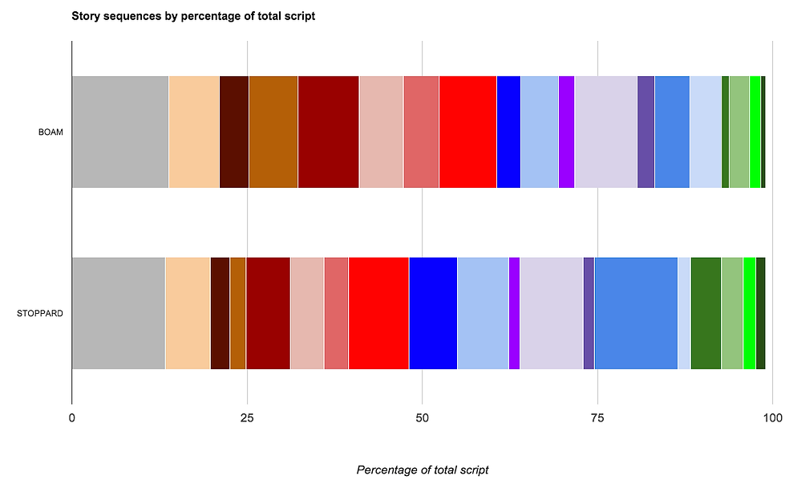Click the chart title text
click(x=193, y=16)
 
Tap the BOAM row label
click(x=50, y=132)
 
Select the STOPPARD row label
click(x=40, y=313)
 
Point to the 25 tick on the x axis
click(x=247, y=417)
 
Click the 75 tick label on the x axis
click(x=597, y=417)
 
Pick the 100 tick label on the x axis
click(x=771, y=417)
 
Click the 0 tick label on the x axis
click(x=72, y=417)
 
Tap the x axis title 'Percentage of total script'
click(x=422, y=470)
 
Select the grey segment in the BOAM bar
click(x=120, y=132)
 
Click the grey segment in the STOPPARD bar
click(x=118, y=313)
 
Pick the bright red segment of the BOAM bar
click(x=467, y=132)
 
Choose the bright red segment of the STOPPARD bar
click(x=378, y=313)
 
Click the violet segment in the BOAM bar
click(x=566, y=132)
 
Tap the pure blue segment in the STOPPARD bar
click(x=433, y=313)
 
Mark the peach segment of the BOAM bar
click(x=194, y=132)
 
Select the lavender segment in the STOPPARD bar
click(x=552, y=313)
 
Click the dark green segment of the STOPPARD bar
click(x=706, y=313)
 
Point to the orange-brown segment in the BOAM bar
click(x=273, y=132)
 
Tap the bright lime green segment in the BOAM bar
click(x=755, y=132)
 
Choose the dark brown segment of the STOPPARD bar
click(x=220, y=313)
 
